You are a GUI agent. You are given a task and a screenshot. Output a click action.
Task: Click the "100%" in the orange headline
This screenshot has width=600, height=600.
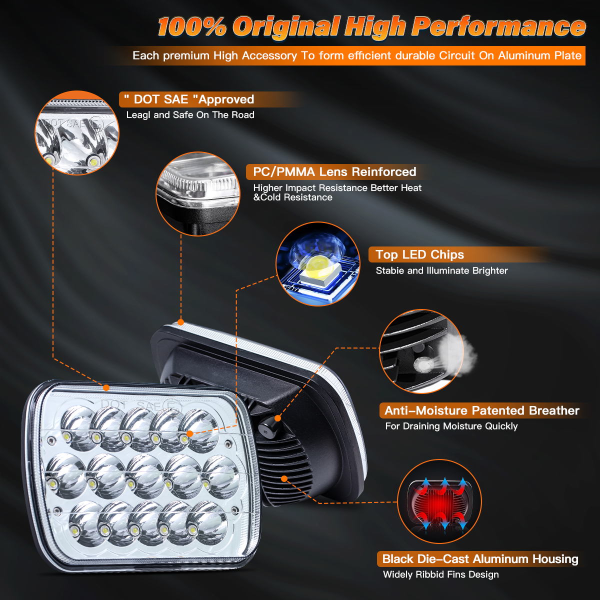192,27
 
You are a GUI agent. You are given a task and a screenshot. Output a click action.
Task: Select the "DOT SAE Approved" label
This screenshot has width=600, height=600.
189,99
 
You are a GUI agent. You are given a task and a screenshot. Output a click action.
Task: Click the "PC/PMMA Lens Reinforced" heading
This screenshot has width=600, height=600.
334,172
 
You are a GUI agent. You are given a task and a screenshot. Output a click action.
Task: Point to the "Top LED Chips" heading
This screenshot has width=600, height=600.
419,254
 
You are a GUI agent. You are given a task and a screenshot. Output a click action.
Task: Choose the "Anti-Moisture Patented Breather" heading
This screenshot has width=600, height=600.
481,410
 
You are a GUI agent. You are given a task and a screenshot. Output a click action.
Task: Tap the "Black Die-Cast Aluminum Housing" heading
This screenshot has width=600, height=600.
480,558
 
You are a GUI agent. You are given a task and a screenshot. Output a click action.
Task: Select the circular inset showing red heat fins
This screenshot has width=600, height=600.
439,501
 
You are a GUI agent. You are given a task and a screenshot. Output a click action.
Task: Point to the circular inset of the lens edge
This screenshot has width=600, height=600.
198,194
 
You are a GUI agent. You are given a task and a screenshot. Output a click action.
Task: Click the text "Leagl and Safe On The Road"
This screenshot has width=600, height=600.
190,115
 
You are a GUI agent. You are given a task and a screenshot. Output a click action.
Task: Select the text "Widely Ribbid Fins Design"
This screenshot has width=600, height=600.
440,574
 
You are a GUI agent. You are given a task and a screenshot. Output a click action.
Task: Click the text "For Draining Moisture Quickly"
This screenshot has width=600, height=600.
451,426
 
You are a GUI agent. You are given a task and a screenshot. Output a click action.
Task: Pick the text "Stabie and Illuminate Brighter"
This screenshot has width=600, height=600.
441,270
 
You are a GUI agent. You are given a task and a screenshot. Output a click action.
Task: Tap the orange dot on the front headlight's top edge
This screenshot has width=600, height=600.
106,387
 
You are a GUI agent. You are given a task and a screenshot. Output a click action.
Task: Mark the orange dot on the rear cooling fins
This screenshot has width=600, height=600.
284,478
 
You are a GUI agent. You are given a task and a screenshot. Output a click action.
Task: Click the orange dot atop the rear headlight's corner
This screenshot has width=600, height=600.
180,322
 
